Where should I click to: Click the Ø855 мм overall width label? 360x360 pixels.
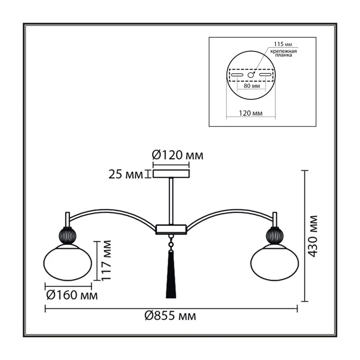(x=170, y=316)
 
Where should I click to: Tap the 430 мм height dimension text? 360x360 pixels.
(x=313, y=236)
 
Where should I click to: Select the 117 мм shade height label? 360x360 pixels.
(x=106, y=260)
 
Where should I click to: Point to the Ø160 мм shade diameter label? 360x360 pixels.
(x=72, y=295)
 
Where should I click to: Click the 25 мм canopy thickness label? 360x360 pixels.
(x=126, y=175)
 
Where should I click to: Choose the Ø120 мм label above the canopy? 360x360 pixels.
(x=177, y=155)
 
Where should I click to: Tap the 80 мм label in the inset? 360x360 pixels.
(x=252, y=86)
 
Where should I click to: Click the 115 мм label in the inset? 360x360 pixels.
(x=283, y=44)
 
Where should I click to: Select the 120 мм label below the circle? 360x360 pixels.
(x=251, y=113)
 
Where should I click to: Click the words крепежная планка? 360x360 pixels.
(x=283, y=53)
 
